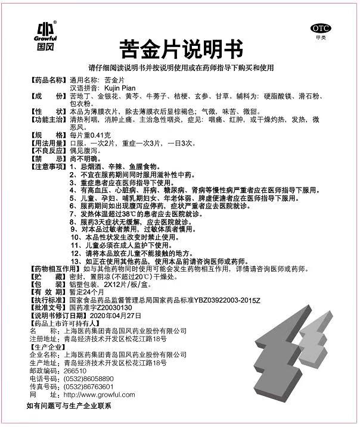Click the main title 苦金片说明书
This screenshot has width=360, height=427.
[179, 46]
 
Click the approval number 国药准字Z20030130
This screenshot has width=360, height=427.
[97, 307]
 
